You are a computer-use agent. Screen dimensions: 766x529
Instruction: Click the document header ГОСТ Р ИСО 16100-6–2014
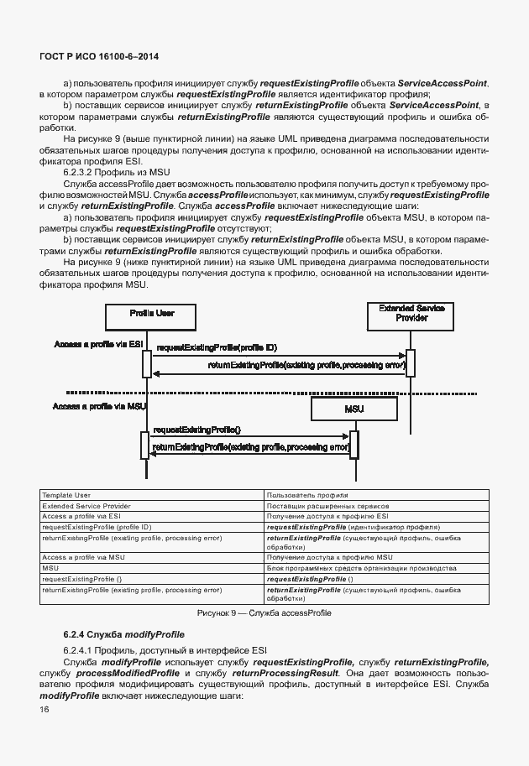(98, 56)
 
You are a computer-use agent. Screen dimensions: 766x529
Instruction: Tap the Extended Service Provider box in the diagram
(411, 315)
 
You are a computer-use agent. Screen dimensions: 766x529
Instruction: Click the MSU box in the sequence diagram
(354, 409)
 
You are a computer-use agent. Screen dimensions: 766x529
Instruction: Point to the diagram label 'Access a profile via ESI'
(99, 345)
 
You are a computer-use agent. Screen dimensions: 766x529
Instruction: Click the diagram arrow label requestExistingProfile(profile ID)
(217, 347)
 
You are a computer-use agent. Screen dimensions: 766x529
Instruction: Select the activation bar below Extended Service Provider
(411, 363)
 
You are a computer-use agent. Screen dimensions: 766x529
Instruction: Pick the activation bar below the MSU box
(354, 444)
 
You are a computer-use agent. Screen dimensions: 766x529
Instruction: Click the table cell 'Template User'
(66, 496)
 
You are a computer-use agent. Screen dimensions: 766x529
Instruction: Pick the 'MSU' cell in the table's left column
(50, 568)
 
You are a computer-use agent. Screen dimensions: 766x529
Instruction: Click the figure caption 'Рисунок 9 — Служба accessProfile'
(264, 613)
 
